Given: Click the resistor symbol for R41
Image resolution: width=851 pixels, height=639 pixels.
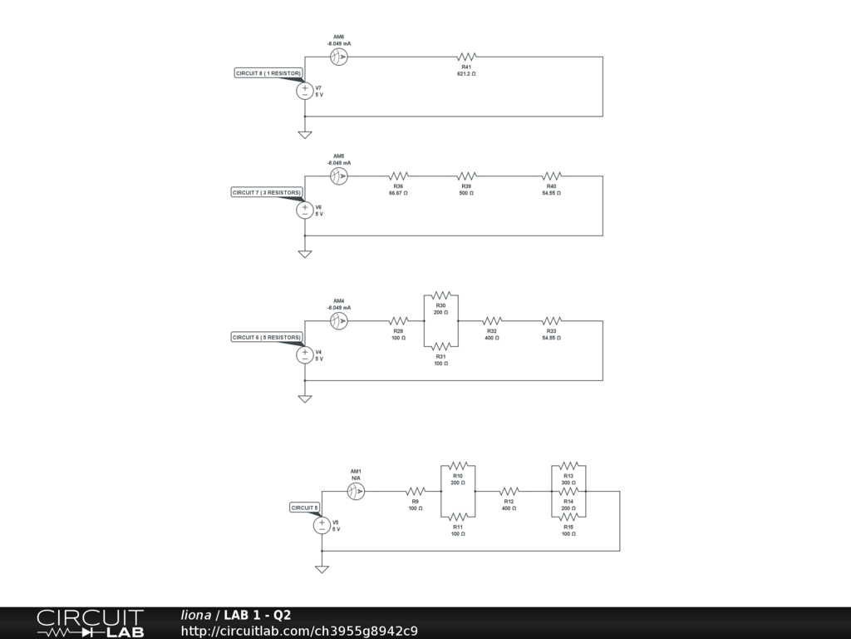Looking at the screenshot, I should (466, 57).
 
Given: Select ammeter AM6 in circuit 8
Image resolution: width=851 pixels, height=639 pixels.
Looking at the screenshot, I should (339, 57).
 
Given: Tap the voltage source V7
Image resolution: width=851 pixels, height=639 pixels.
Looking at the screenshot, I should (305, 91).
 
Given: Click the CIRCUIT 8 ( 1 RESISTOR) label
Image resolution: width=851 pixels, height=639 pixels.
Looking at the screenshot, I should (268, 73).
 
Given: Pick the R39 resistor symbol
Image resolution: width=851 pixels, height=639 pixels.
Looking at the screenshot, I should (466, 176).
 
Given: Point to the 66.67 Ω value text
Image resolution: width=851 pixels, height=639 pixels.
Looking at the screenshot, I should (398, 193).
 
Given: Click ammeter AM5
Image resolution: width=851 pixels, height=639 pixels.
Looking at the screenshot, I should (339, 176).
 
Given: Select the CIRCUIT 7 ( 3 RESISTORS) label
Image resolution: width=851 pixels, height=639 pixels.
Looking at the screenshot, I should (266, 192).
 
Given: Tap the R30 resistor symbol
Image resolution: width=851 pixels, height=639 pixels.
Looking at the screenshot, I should (441, 295).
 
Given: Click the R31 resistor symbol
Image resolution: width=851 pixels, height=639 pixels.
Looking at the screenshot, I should (441, 346).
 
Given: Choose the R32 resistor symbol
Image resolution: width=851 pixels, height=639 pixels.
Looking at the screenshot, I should (492, 321).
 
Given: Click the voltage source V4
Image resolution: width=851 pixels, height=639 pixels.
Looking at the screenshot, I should (305, 355).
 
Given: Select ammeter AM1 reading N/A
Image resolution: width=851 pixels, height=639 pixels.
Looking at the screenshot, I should (356, 492).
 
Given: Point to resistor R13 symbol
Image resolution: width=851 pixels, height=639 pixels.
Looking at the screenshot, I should (568, 466).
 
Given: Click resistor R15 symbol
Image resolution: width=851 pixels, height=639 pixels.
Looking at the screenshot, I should (568, 517).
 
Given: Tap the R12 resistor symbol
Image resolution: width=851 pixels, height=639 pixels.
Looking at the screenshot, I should (509, 492).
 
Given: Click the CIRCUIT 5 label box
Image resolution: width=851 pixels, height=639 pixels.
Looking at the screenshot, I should (304, 508).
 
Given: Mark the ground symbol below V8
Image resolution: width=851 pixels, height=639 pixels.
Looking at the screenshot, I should (322, 569).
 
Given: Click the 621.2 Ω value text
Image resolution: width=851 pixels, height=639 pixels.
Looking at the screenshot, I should (466, 74).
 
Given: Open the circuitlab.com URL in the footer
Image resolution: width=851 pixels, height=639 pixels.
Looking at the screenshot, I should (299, 631).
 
